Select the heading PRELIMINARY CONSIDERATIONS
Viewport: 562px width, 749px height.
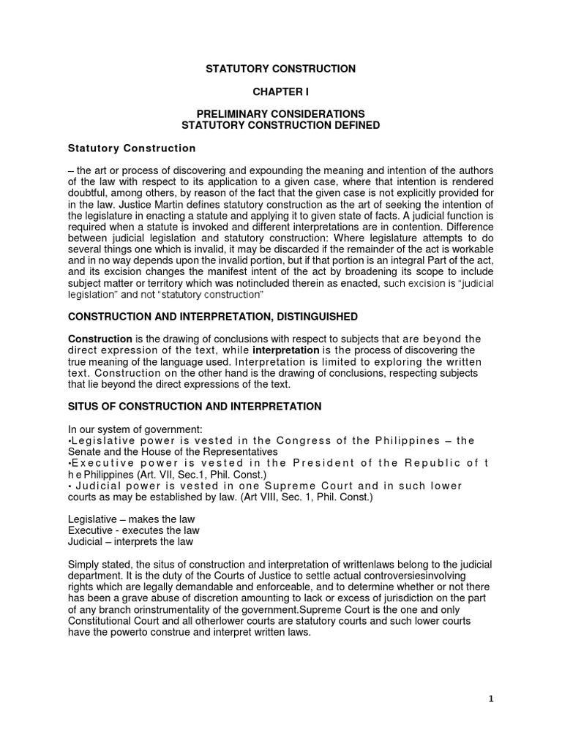click(x=280, y=114)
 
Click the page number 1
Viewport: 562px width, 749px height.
click(x=491, y=699)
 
